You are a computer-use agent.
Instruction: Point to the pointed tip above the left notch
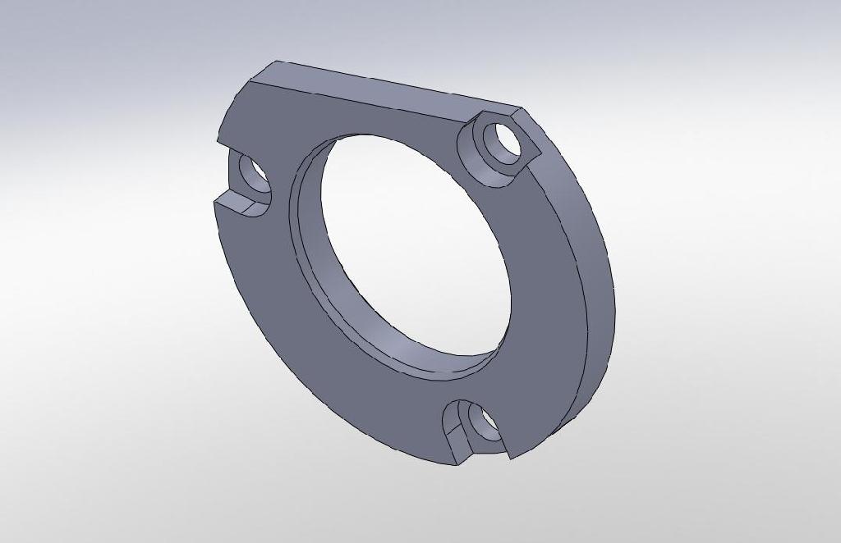point(218,141)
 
